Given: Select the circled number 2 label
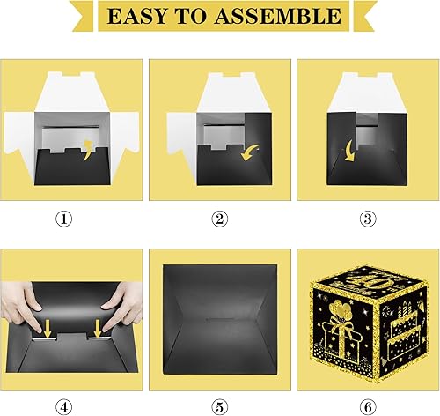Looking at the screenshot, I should [x=220, y=219].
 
